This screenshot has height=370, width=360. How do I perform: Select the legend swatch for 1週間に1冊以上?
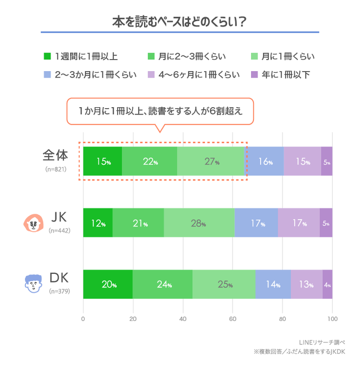point(47,56)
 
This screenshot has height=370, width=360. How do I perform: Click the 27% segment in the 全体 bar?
point(210,162)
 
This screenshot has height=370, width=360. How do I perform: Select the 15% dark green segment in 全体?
point(102,162)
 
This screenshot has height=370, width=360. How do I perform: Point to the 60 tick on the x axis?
point(232,318)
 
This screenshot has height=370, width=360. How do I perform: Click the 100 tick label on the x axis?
point(332,318)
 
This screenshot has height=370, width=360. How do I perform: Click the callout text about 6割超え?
point(160,111)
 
